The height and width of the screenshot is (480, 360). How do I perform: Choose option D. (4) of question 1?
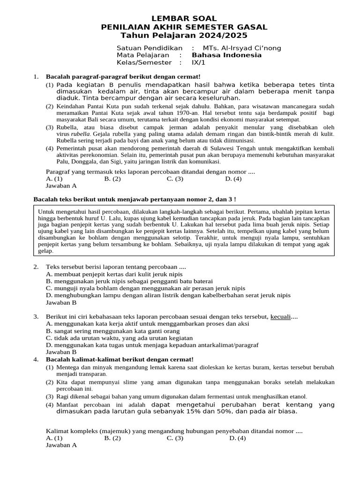click(x=233, y=179)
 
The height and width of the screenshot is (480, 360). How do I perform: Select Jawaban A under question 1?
click(x=61, y=185)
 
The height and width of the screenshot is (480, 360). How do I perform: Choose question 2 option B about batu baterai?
click(x=130, y=281)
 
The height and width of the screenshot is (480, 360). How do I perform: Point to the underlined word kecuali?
click(x=280, y=317)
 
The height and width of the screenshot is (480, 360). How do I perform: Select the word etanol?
click(x=296, y=397)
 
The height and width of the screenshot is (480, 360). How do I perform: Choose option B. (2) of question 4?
click(x=112, y=438)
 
